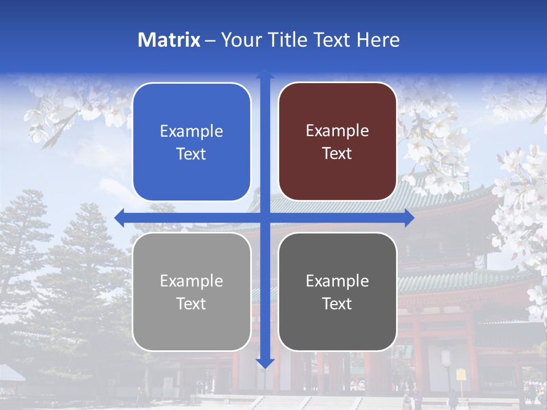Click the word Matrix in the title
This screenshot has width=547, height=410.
click(x=169, y=40)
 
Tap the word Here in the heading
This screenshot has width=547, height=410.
click(x=378, y=40)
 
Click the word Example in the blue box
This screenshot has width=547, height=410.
click(x=191, y=132)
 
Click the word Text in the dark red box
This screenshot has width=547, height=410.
click(x=337, y=154)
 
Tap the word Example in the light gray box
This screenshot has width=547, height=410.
click(x=191, y=281)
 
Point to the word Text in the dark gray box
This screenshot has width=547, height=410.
click(x=337, y=304)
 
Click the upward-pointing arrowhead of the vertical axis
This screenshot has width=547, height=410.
click(x=265, y=73)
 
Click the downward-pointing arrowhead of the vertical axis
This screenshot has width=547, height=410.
click(x=265, y=363)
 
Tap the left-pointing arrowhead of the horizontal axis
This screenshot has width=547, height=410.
click(x=119, y=218)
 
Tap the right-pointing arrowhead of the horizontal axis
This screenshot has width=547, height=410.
click(x=410, y=218)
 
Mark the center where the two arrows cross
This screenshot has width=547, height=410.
click(x=265, y=218)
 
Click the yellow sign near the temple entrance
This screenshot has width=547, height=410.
click(x=461, y=375)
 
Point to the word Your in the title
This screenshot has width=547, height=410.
click(x=242, y=40)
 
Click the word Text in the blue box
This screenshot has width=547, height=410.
click(x=191, y=154)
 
